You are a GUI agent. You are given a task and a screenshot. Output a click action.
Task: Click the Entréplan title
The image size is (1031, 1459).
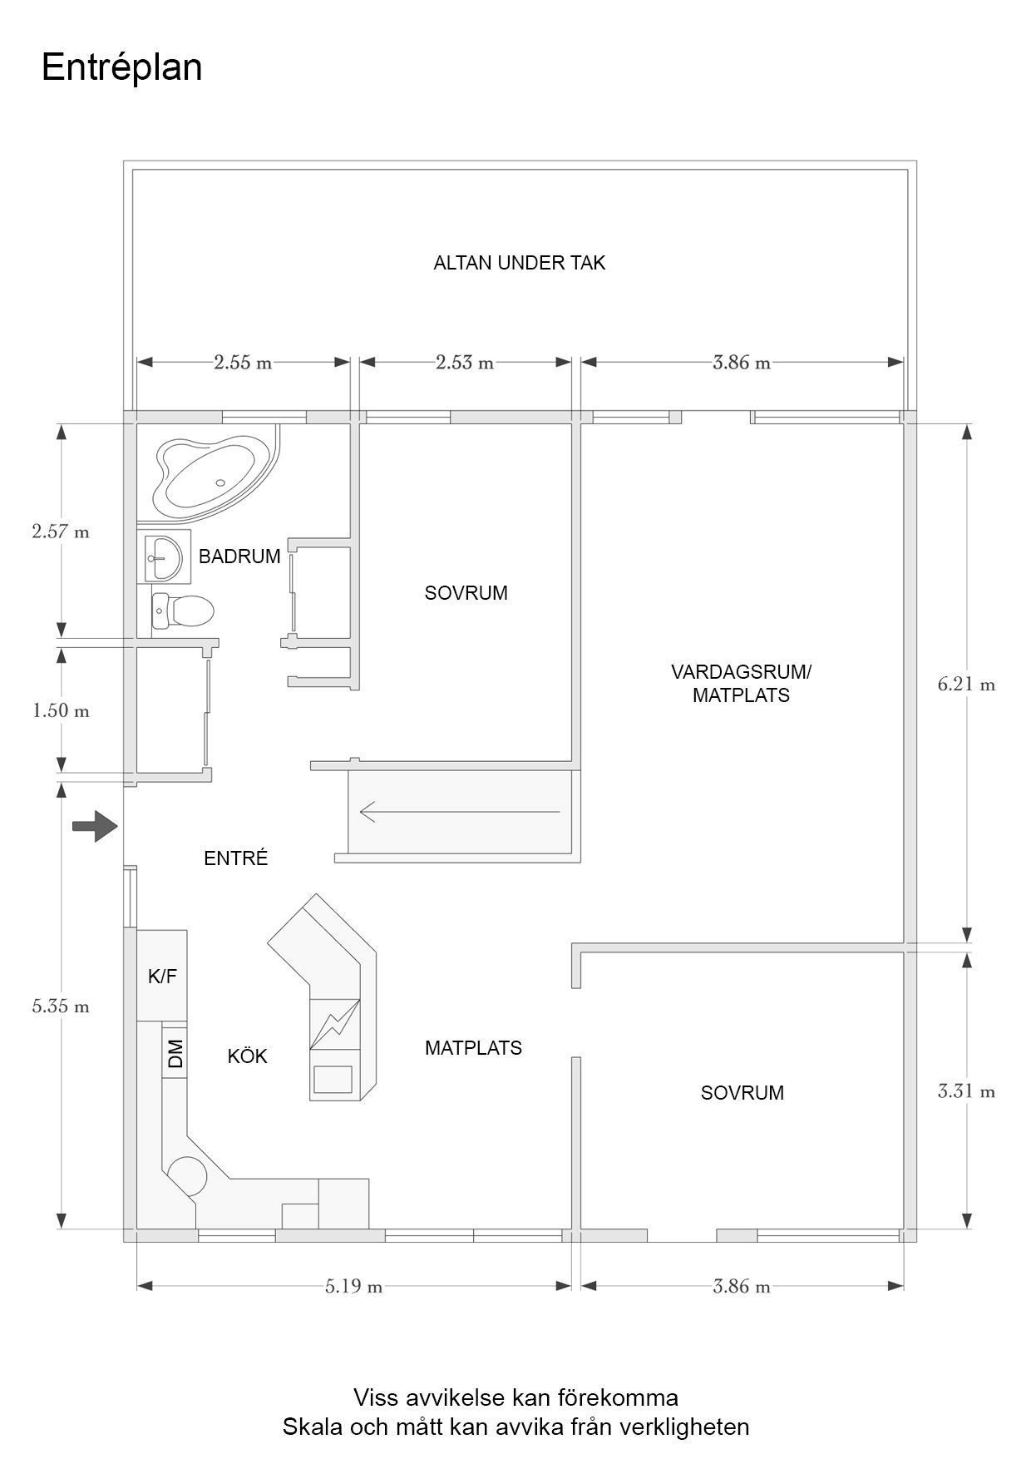[121, 67]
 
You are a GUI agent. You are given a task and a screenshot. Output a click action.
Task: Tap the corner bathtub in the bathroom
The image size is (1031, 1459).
[208, 474]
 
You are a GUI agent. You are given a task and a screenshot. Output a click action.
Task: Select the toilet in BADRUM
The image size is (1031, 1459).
[183, 611]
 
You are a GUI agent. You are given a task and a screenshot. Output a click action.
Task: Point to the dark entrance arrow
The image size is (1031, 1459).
[94, 826]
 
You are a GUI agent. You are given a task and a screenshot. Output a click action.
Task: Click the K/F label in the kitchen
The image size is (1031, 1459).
[162, 977]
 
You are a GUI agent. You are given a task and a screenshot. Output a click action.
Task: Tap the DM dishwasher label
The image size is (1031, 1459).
[175, 1055]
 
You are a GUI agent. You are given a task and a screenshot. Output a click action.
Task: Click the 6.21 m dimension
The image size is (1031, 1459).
[966, 685]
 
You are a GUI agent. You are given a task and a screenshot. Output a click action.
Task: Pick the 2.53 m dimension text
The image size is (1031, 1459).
[464, 363]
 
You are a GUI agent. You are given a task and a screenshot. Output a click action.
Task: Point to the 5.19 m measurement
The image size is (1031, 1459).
[353, 1287]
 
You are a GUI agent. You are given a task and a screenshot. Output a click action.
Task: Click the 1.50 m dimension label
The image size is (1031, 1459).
[61, 711]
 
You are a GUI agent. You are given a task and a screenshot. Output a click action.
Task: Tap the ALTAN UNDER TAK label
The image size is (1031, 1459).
[519, 263]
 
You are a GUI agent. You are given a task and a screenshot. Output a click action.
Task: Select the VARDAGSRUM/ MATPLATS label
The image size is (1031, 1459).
[740, 683]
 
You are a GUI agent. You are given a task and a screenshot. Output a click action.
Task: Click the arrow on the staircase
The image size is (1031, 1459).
[459, 811]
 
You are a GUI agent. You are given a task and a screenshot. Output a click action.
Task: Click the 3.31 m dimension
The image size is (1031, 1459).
[966, 1091]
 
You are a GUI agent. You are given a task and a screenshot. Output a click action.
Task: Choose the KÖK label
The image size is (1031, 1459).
[247, 1056]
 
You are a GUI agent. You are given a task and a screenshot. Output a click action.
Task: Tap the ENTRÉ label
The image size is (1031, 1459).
[236, 858]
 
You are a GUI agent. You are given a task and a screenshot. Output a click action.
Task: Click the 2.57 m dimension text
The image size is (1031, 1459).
[61, 532]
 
